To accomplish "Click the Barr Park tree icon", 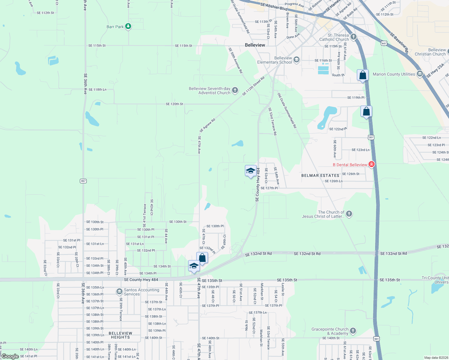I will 128,26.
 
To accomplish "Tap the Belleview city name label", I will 255,45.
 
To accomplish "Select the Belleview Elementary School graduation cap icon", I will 296,59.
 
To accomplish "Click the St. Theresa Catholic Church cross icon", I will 353,37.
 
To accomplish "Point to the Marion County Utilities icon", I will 420,73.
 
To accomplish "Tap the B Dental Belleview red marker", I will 372,164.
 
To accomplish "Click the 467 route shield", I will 83,181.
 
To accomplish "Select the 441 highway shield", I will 384,43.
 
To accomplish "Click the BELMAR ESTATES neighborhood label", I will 320,175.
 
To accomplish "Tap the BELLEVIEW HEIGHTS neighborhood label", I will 120,335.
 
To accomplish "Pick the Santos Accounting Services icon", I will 119,291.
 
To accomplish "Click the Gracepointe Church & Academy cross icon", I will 353,331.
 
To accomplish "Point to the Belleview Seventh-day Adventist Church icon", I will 235,90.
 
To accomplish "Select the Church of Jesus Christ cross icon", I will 349,214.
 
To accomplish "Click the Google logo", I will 10,356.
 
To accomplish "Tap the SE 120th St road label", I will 174,104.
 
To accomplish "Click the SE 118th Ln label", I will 97,89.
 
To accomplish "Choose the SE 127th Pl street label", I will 269,188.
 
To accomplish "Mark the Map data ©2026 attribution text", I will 436,358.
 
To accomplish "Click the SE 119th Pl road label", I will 356,97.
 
